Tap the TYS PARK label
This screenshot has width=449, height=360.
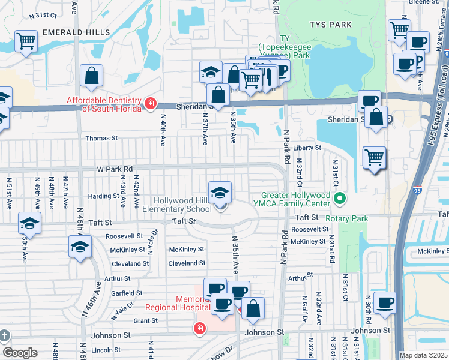pos(330,25)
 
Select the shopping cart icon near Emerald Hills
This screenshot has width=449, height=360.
pos(26,42)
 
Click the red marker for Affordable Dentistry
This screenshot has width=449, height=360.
pos(149,104)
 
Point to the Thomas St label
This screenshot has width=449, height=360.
pos(101,138)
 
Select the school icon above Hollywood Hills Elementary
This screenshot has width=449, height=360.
pos(220,193)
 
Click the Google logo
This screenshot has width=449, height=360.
pos(20,352)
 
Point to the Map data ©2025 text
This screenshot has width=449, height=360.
pos(423,355)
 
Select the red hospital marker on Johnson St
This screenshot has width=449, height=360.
pos(199,328)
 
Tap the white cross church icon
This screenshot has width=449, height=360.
pos(4,335)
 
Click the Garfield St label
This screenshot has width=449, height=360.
pos(127,293)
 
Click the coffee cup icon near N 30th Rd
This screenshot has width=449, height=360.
pos(385,303)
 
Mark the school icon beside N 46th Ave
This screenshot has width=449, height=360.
pos(80,247)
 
